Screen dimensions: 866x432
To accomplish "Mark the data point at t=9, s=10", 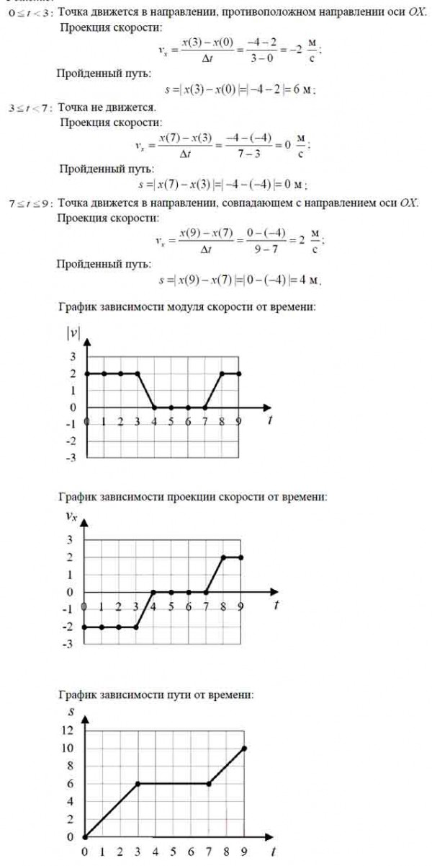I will pyautogui.click(x=245, y=748).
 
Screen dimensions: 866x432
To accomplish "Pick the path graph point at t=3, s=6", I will pyautogui.click(x=138, y=784).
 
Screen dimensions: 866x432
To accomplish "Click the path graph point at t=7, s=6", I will pyautogui.click(x=209, y=784).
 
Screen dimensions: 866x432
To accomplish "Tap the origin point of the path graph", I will pyautogui.click(x=84, y=837).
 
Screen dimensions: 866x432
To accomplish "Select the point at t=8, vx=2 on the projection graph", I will pyautogui.click(x=223, y=557).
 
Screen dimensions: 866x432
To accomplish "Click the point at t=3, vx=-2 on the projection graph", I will pyautogui.click(x=136, y=627).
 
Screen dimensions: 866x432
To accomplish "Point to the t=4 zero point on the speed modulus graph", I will pyautogui.click(x=154, y=407).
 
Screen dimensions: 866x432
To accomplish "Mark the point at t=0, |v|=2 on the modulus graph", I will pyautogui.click(x=86, y=374).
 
